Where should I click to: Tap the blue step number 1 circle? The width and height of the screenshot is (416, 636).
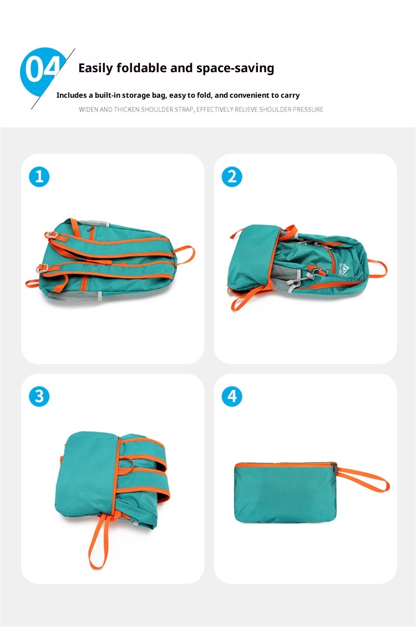[x=39, y=177]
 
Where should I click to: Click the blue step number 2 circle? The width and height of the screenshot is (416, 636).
[x=232, y=177]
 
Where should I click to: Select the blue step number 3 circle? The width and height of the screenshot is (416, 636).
[x=39, y=397]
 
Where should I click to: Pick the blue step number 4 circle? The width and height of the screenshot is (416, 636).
[x=232, y=397]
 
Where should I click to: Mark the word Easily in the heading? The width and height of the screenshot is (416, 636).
[x=96, y=68]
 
